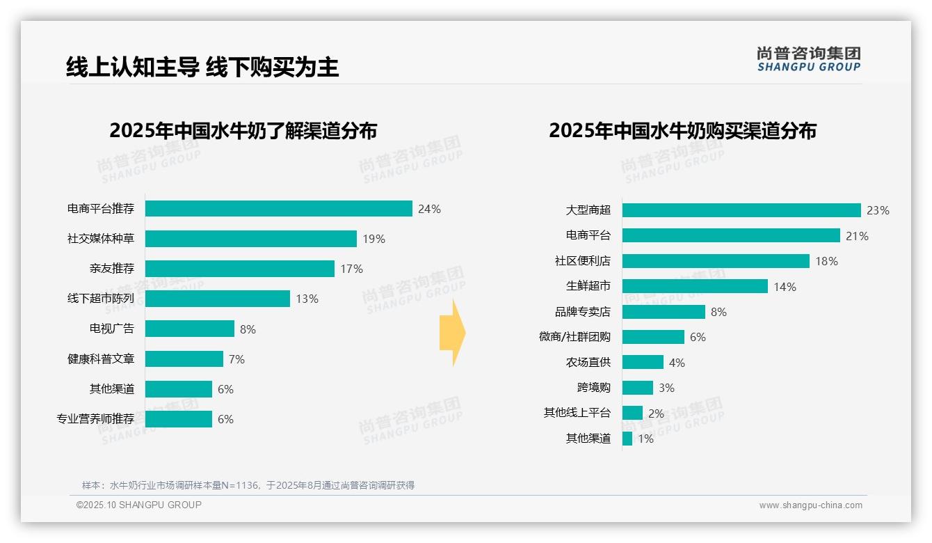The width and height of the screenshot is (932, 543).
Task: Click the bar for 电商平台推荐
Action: coord(278,209)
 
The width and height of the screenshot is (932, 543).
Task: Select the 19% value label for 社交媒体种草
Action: coord(373,239)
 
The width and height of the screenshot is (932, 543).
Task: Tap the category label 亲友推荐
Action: coord(111,269)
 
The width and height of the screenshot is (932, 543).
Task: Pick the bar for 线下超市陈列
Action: coord(217,299)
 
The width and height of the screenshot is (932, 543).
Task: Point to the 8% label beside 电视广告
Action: coord(248,329)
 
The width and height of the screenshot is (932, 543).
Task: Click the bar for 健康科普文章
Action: coord(184,359)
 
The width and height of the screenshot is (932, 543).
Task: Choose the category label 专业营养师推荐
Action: coord(95,419)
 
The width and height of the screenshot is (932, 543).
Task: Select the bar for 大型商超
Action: coord(741,210)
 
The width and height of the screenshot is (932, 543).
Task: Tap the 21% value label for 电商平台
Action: coord(857,236)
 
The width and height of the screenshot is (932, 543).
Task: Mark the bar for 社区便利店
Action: coord(715,261)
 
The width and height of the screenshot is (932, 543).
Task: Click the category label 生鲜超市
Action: coord(588,286)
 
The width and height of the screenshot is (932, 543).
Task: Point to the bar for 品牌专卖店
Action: coord(663,312)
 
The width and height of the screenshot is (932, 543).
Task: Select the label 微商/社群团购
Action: coord(575,337)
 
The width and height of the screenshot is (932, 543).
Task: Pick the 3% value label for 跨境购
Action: coord(666,388)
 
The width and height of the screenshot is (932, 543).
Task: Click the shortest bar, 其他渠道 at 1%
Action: coord(627,439)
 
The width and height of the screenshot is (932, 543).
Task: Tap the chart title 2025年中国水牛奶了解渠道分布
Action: coord(243,130)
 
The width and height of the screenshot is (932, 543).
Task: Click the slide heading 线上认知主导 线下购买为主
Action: coord(202,67)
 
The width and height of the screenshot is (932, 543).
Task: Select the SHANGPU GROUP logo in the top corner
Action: coord(808,58)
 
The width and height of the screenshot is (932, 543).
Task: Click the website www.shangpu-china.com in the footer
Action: coord(810,505)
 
